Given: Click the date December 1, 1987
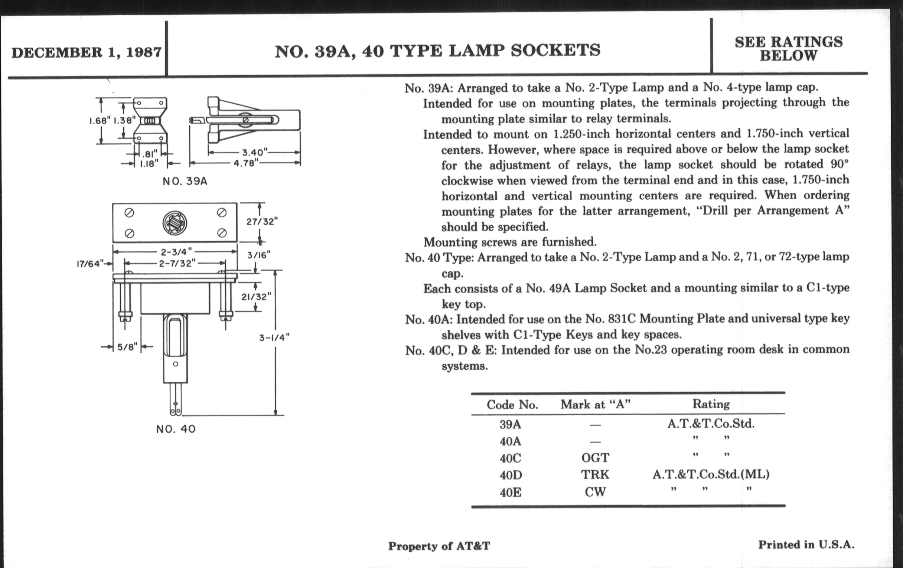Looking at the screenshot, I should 87,52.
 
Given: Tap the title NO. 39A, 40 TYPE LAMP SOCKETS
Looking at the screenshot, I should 437,50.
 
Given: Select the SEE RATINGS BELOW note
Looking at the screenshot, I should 788,49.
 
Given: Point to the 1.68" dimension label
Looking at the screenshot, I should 100,121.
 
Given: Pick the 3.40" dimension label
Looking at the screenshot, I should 254,153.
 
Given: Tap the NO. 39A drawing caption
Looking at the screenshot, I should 185,182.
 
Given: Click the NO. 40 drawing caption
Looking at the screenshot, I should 176,429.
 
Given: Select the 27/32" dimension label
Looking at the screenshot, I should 262,222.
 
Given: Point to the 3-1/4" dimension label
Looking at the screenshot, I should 274,338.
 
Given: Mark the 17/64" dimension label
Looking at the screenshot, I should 89,264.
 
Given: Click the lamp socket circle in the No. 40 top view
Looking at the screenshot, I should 175,223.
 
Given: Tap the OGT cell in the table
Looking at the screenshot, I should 595,458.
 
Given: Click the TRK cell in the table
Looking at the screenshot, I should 595,475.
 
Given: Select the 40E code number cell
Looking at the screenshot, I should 511,492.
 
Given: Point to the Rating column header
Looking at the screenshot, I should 711,404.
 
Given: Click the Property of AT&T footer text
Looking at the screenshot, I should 439,546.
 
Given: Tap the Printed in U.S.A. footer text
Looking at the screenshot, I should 806,544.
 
